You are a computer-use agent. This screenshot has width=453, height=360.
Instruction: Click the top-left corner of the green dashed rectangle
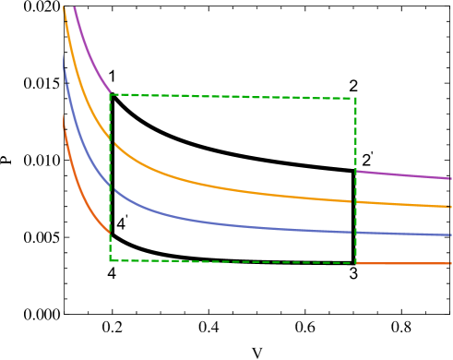click(110, 94)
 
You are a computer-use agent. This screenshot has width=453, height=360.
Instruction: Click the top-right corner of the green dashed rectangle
click(355, 98)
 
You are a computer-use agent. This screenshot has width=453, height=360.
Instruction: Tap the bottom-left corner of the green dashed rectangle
click(110, 260)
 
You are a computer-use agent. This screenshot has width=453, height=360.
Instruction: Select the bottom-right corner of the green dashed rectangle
click(355, 263)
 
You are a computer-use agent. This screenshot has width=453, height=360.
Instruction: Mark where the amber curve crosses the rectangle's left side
click(110, 138)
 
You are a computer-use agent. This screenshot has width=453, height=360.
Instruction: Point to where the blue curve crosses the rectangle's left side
click(110, 187)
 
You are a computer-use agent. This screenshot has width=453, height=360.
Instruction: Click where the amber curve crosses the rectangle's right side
click(355, 201)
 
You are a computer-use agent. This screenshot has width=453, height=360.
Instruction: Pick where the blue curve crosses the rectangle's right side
click(355, 232)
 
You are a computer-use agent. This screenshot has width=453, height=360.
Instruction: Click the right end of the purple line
click(450, 178)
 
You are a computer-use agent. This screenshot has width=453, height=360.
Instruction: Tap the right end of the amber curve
click(450, 207)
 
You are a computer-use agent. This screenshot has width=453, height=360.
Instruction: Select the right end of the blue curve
click(450, 235)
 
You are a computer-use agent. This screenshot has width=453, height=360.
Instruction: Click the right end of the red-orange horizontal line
click(450, 263)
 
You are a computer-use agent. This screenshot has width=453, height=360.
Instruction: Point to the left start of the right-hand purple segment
click(356, 171)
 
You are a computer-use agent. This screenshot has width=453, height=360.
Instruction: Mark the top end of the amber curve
click(64, 6)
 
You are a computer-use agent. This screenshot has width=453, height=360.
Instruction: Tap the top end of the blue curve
click(64, 55)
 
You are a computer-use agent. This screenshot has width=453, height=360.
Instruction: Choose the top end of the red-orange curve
click(63, 114)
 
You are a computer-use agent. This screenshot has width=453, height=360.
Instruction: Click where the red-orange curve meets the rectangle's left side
click(110, 234)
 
